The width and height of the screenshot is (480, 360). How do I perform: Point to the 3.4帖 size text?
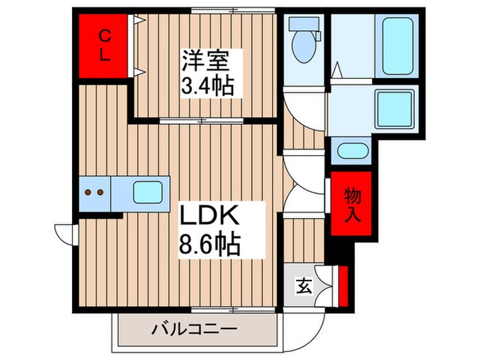coord(208,86)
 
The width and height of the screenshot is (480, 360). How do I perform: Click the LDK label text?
coord(209,218)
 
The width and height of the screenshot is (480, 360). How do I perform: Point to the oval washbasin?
coord(352,151)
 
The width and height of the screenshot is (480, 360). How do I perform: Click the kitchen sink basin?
coord(148,193)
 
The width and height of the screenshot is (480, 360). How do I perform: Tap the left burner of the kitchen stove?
coord(88,193)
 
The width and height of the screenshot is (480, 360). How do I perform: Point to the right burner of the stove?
coord(99,193)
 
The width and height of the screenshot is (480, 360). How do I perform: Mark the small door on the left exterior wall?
coord(64,232)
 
